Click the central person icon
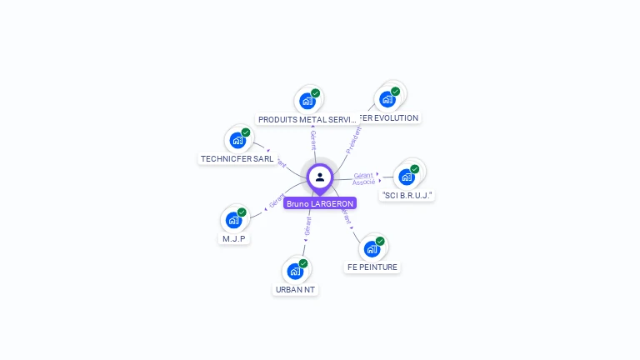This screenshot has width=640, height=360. tap(320, 177)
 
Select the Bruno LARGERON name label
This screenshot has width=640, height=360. tap(320, 203)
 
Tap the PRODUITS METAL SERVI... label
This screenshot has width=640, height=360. tap(307, 119)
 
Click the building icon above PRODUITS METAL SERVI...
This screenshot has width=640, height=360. tap(307, 102)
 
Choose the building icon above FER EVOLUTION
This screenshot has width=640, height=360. tap(387, 99)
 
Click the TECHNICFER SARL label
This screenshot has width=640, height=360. tap(237, 158)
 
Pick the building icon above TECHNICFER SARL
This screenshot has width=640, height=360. tap(237, 140)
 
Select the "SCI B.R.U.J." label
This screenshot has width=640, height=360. tap(407, 195)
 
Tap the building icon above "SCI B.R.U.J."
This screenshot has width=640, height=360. tap(407, 177)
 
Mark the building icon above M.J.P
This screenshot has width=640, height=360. tap(234, 220)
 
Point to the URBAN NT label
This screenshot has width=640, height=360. tap(296, 289)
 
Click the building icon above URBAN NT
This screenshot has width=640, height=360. tap(295, 271)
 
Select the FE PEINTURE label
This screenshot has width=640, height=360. tap(372, 267)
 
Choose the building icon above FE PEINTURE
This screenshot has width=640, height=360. tap(372, 248)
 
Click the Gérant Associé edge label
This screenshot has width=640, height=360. tap(363, 178)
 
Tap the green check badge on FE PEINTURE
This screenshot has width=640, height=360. tap(380, 242)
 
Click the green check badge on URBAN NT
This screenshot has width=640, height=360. tap(303, 263)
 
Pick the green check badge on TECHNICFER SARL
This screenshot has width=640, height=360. tap(246, 132)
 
